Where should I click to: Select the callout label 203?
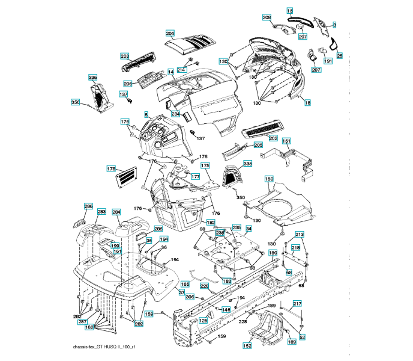(x=125, y=56)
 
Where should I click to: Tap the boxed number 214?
(x=181, y=70)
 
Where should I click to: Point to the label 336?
(x=92, y=78)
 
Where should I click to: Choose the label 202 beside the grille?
(x=273, y=138)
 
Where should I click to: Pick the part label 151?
(x=287, y=141)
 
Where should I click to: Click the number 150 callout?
(x=269, y=179)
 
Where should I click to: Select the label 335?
(x=248, y=164)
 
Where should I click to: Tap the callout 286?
(x=88, y=207)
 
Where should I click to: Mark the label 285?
(x=158, y=229)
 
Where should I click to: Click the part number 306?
(x=190, y=296)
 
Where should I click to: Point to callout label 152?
(x=247, y=346)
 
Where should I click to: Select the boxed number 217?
(x=297, y=303)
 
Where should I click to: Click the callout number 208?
(x=267, y=17)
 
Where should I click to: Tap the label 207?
(x=316, y=70)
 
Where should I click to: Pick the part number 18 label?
(x=308, y=103)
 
